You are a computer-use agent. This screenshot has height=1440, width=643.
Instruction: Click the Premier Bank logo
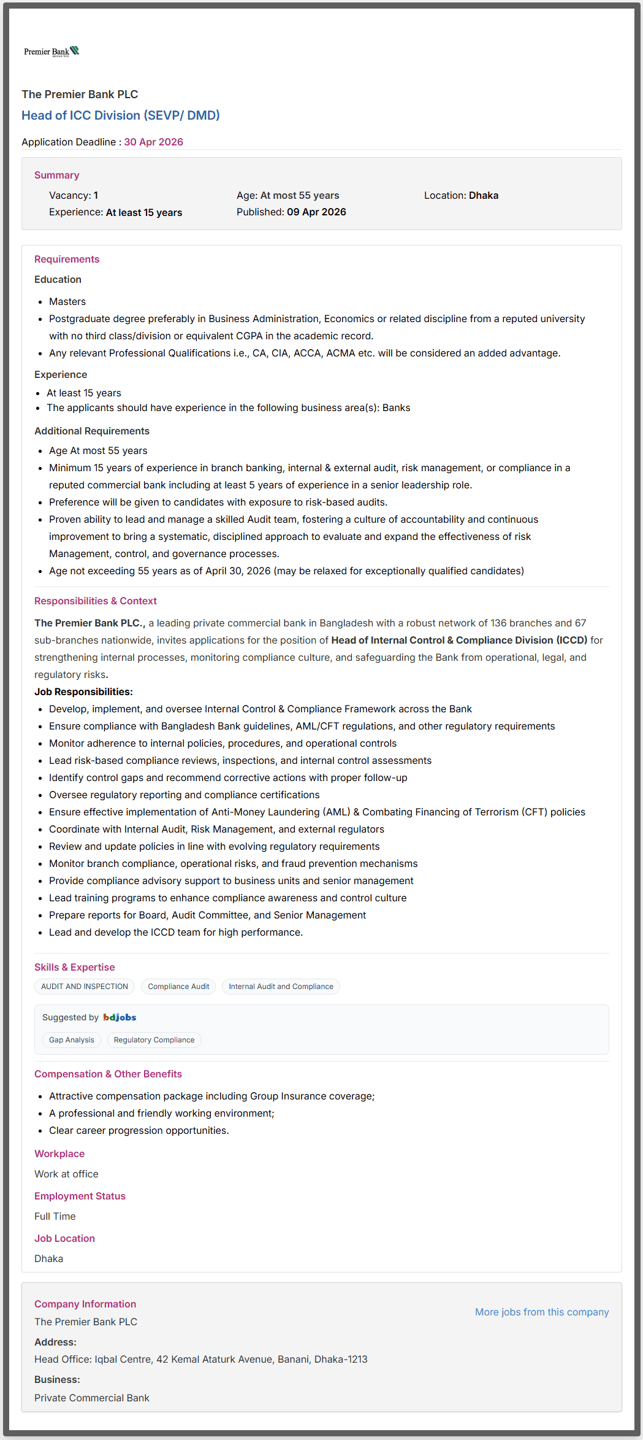tap(51, 52)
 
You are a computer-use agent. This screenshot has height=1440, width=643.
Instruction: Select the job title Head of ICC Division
tap(120, 115)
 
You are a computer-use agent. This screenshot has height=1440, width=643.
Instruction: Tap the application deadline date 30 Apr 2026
tap(153, 142)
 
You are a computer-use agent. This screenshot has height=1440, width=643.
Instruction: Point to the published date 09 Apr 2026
tap(316, 212)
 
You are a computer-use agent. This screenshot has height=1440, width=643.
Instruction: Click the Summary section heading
tap(56, 175)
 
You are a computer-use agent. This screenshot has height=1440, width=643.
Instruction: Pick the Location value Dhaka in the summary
tap(483, 195)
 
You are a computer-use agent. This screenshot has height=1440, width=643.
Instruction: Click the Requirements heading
tap(66, 259)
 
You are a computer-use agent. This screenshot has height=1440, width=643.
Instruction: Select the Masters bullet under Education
tap(67, 301)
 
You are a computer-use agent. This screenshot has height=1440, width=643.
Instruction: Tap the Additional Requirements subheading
tap(91, 431)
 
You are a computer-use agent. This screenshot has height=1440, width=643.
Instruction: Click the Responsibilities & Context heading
tap(95, 601)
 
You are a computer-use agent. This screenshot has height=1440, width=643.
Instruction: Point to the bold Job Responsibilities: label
tap(83, 691)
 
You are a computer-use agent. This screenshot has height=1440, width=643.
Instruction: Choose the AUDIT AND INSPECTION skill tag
tap(85, 986)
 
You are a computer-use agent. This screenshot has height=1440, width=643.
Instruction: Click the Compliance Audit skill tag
tap(178, 986)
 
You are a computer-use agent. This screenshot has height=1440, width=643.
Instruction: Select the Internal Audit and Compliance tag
tap(281, 986)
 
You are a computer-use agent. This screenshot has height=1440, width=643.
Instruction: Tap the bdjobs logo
tap(120, 1017)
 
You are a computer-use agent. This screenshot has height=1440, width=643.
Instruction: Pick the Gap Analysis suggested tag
tap(72, 1039)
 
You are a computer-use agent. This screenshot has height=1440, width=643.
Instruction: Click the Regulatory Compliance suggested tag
tap(154, 1039)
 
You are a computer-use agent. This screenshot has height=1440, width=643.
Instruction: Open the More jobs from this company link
tap(542, 1312)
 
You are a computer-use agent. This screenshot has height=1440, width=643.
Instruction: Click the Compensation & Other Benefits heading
tap(108, 1074)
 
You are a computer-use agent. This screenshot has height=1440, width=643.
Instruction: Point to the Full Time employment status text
tap(55, 1216)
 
